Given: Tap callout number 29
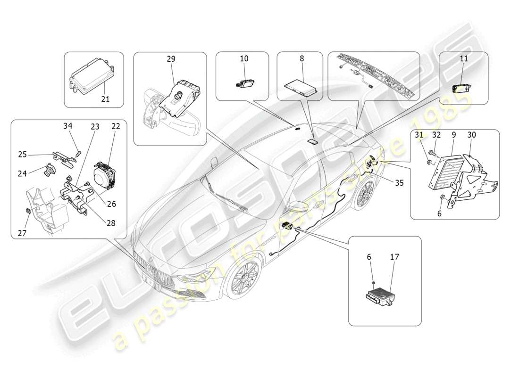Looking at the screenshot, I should tap(170, 59).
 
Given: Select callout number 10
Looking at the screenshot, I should tap(244, 59).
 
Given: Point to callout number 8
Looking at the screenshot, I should tap(302, 59).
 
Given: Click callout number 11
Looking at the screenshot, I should tap(464, 59).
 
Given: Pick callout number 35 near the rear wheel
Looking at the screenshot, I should tap(399, 183).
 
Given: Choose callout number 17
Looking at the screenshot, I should tap(394, 257).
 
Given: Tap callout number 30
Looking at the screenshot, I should tap(472, 135).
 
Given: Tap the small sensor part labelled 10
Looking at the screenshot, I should tap(243, 83).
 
